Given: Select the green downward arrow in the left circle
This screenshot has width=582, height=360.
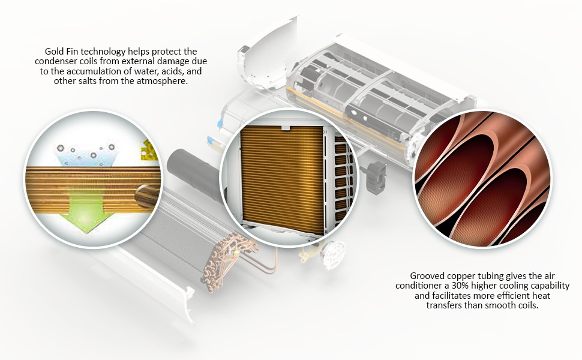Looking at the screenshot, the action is click(86, 208).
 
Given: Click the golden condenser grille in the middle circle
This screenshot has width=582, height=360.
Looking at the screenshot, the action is click(282, 179).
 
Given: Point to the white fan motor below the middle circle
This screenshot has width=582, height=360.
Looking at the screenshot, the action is click(333, 253).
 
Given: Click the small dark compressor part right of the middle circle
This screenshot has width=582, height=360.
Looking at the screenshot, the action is click(376, 178).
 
